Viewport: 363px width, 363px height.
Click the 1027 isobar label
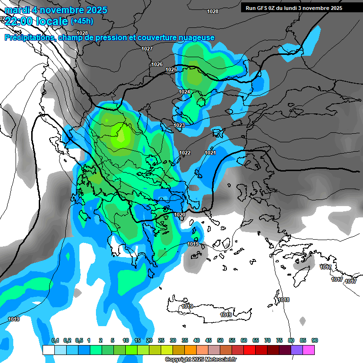147,49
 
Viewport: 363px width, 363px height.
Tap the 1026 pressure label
157,64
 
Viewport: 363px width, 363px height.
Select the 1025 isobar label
171,70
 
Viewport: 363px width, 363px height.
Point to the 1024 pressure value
184,92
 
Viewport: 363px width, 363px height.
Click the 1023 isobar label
179,125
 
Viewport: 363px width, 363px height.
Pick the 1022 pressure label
185,153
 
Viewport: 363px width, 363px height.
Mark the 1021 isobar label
210,153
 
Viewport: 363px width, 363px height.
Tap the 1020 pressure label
180,215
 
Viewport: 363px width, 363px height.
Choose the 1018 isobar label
284,300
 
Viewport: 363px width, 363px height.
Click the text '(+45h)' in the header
82,21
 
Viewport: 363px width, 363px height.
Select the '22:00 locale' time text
36,21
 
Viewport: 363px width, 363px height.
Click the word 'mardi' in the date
18,10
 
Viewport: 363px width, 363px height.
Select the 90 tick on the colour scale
315,340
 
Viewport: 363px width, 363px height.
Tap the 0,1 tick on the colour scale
55,340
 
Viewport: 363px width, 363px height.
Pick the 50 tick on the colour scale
220,340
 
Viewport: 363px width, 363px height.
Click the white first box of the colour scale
48,350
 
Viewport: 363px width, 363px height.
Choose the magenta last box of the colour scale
309,350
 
